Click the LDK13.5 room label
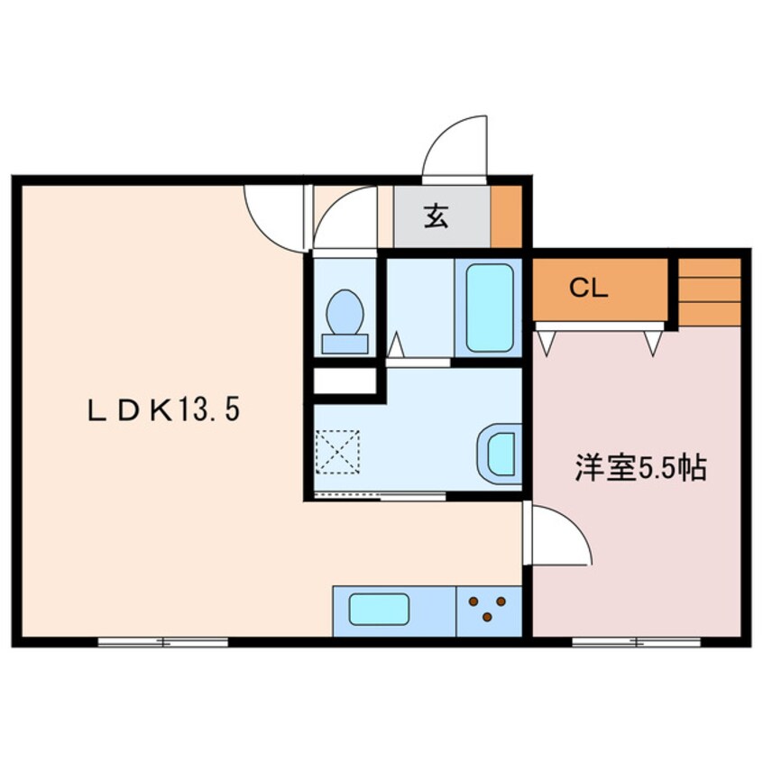coord(164,409)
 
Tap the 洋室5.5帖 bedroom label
coord(641,467)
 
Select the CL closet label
coord(589,289)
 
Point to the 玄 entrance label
coord(436,216)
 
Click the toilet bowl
coord(345,322)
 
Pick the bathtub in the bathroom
coord(490,308)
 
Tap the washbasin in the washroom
coord(500,454)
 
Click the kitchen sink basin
coord(379,610)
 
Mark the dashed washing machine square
coord(337,452)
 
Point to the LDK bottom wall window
coord(163,642)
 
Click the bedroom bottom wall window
coord(637,642)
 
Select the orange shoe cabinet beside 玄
coord(506,216)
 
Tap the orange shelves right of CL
coord(710,292)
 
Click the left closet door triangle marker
coord(547,343)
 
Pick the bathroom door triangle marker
coord(396,344)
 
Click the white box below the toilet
coord(345,381)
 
